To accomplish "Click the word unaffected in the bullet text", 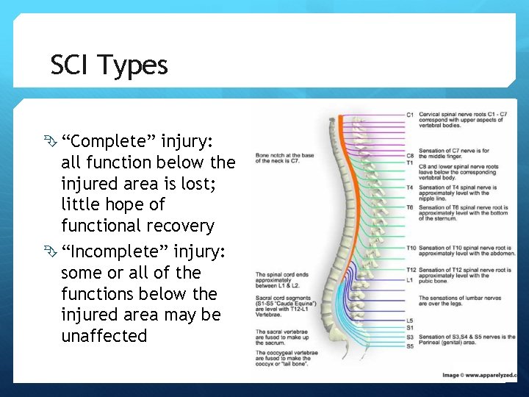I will tap(104, 336).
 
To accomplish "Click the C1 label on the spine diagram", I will tap(410, 115).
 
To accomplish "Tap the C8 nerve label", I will tap(410, 156).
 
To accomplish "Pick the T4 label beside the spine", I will tap(410, 187).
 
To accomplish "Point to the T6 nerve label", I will tap(410, 208).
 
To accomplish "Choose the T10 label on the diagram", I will tap(411, 248).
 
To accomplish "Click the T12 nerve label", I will tap(411, 271).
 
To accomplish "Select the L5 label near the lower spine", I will tap(410, 321).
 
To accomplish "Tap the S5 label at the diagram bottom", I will tap(410, 346).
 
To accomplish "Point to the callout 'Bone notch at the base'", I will tap(284, 155).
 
